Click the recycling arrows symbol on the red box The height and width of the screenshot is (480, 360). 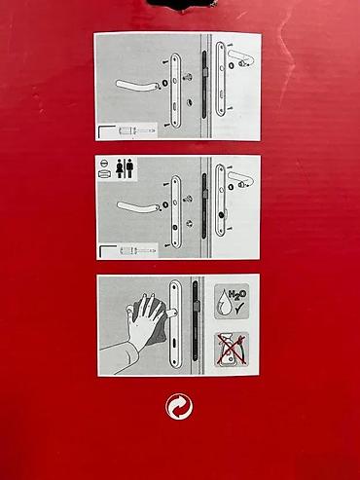[179, 406]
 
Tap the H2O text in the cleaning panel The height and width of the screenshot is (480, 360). [237, 295]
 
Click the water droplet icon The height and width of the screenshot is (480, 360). [225, 303]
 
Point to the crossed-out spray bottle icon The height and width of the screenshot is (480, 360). [232, 350]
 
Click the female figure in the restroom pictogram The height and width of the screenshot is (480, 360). [120, 168]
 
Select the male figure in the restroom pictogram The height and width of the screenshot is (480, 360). [129, 168]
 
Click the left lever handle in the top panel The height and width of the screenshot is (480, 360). [137, 85]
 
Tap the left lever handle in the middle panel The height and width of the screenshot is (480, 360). [138, 206]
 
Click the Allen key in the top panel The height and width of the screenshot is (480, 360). [106, 130]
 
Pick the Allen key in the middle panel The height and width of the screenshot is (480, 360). [107, 250]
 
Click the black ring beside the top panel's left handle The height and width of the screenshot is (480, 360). [164, 83]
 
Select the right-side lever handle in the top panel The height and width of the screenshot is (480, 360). [241, 55]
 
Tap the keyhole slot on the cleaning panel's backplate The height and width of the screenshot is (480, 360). [175, 343]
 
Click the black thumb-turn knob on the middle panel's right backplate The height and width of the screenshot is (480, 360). [222, 214]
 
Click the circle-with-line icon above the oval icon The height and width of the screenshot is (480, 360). [102, 164]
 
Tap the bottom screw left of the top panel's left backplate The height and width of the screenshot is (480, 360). [166, 125]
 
